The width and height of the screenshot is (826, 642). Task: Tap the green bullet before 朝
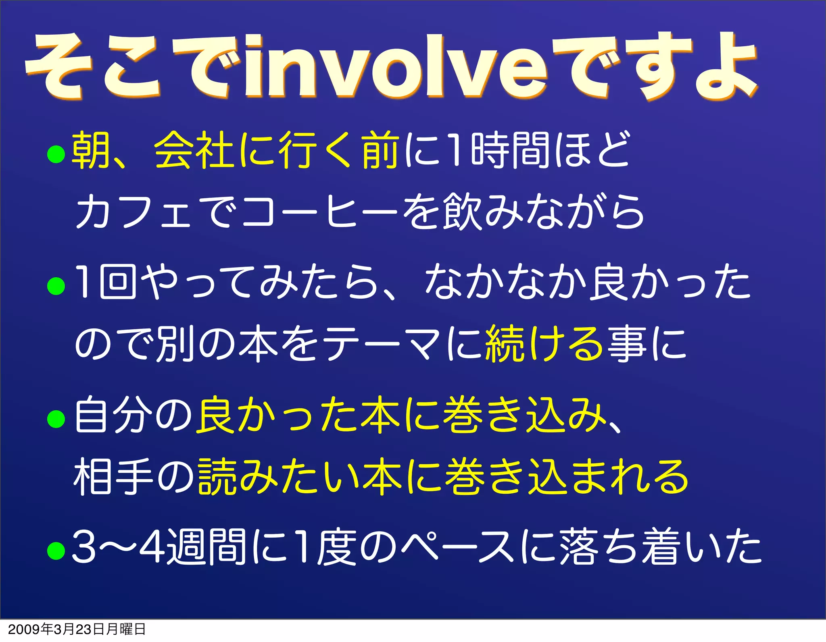coord(56,154)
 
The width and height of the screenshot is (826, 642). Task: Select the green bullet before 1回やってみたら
coord(56,286)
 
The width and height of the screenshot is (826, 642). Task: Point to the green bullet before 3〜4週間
coord(56,551)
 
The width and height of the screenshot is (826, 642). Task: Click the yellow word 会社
coord(194,150)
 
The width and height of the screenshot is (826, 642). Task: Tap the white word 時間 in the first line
coord(510,150)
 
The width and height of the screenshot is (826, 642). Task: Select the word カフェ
coord(133,212)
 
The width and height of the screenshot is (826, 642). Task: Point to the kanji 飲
coord(462,212)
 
